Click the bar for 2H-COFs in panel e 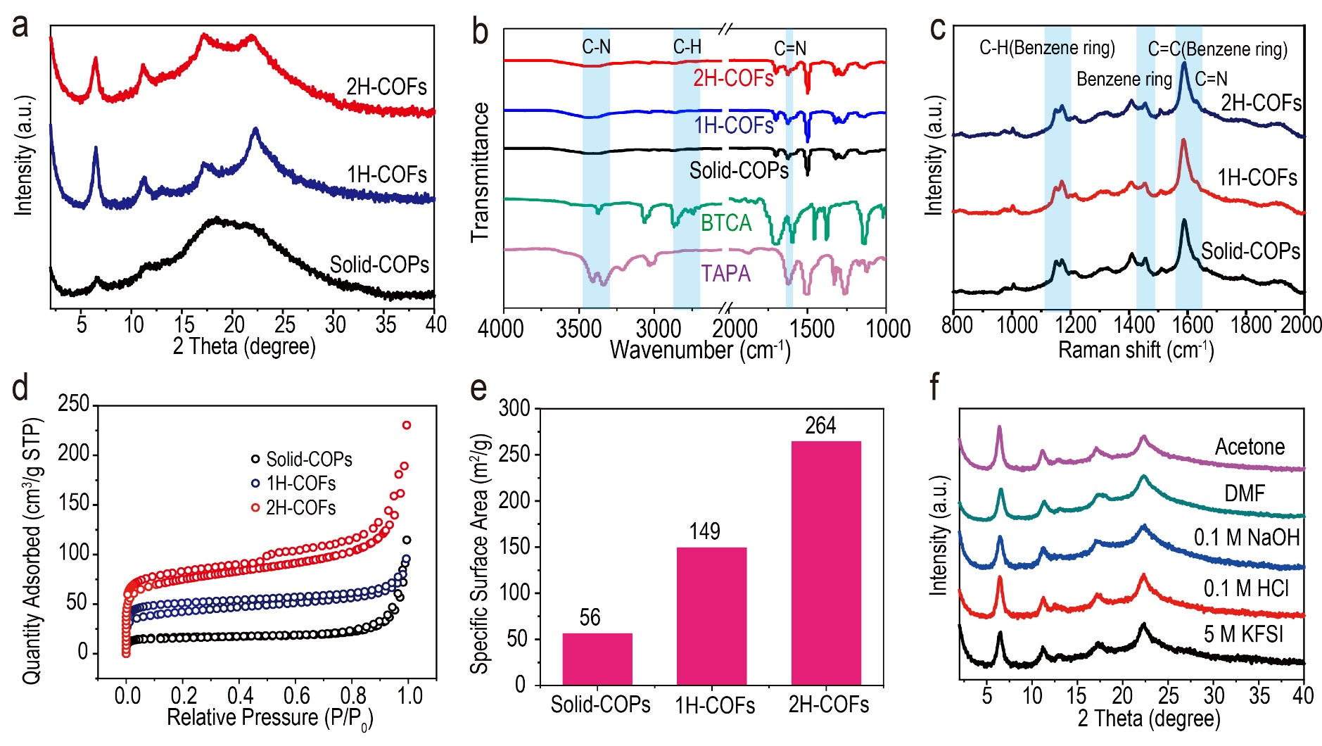point(826,563)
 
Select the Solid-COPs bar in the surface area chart point(597,659)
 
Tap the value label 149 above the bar point(705,531)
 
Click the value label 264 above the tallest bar point(820,426)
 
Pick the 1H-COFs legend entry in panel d point(300,483)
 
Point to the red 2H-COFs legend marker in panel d point(255,507)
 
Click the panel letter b point(480,32)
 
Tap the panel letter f point(934,388)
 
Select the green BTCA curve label point(726,223)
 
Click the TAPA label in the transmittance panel point(725,273)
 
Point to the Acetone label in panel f point(1250,447)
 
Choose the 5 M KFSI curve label point(1243,634)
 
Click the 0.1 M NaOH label point(1247,538)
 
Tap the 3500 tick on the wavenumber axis point(578,328)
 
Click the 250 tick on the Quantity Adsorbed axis point(74,404)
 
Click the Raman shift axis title point(1136,350)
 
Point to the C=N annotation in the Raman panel point(1211,79)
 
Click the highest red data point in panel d point(406,425)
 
